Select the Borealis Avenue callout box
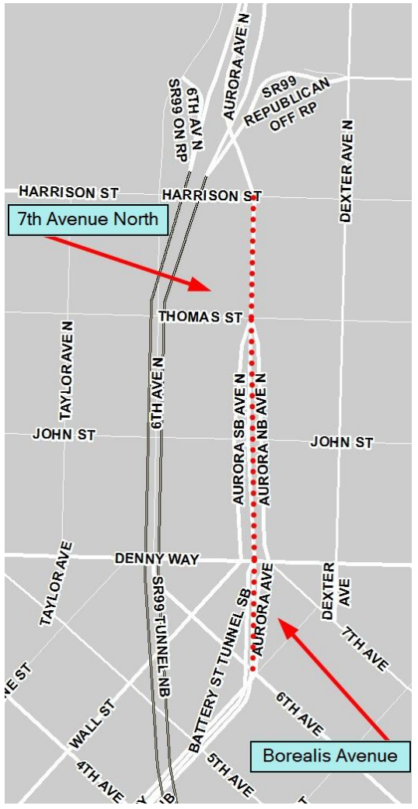pos(329,754)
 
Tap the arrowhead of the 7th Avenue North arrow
pos(204,287)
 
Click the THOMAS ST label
pos(200,317)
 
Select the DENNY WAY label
pos(157,558)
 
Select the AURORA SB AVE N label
pos(240,439)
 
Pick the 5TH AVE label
pos(230,773)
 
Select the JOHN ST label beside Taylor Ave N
pos(64,434)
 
